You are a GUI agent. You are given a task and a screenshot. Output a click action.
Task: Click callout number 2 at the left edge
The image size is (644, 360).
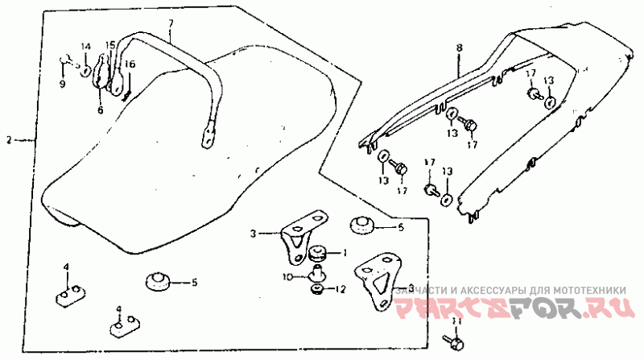click(x=10, y=140)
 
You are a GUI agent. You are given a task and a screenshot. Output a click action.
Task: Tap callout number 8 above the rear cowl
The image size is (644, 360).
click(x=459, y=48)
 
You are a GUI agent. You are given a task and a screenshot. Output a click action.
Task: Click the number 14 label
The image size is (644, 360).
click(x=86, y=45)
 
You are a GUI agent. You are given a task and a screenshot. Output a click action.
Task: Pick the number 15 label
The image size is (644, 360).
click(x=111, y=45)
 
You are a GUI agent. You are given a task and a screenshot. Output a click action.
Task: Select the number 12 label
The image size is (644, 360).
click(x=341, y=290)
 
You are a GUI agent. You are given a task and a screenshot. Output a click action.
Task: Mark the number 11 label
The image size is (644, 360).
click(x=457, y=321)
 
